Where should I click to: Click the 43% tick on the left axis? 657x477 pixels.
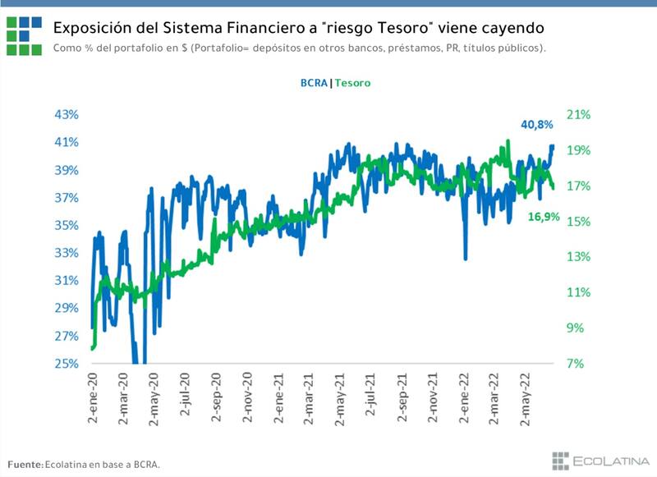click(67, 114)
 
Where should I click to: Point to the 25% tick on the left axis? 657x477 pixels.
click(67, 364)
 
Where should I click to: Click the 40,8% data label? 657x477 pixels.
click(538, 125)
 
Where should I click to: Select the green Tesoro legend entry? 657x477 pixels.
click(352, 83)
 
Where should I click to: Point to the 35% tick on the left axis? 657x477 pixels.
click(67, 225)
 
